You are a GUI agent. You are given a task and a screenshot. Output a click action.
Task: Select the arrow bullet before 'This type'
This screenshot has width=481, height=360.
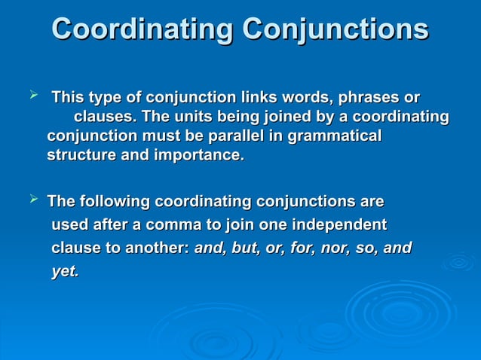(32, 96)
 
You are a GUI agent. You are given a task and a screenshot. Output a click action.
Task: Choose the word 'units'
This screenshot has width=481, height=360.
(195, 117)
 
